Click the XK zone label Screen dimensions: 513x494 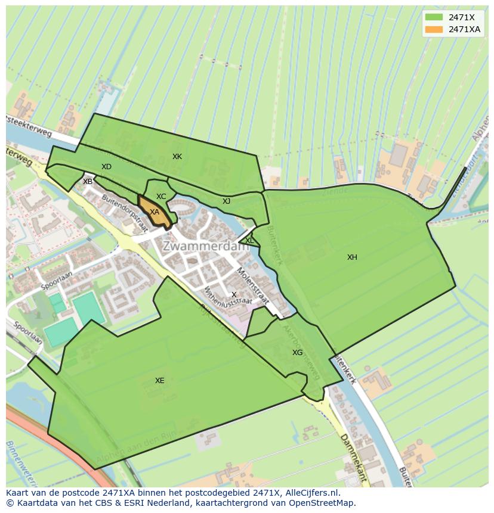point(177,157)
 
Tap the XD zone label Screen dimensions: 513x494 point(106,167)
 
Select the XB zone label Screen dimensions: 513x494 point(88,182)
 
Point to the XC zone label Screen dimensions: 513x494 point(161,197)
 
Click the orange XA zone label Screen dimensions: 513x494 point(155,212)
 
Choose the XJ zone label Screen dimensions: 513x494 point(226,201)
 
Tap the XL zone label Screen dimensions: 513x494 point(249,241)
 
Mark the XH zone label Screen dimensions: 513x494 point(352,257)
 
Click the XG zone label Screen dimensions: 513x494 point(297,353)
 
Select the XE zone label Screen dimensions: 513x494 point(159,381)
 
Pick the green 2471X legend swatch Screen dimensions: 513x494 point(434,17)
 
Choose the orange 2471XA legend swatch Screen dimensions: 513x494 point(434,29)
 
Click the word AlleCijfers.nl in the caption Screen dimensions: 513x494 point(312,493)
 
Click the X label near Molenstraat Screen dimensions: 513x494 point(234,295)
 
